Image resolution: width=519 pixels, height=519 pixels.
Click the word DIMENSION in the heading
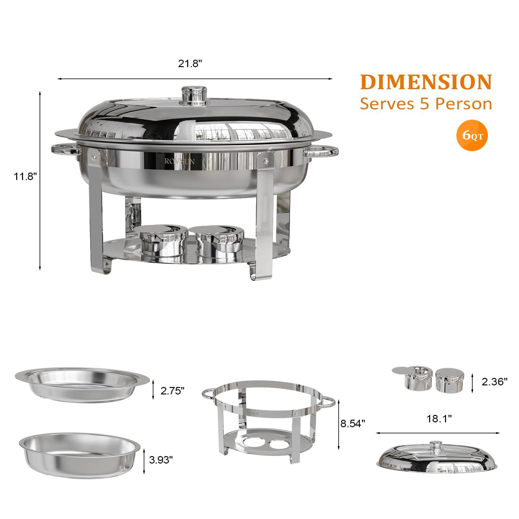426,82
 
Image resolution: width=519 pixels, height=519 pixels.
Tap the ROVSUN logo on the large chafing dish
179,161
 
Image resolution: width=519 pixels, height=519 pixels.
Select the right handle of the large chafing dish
321,151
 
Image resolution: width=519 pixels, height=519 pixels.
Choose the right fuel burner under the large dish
215,240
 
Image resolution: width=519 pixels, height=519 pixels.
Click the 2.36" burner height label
494,382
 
